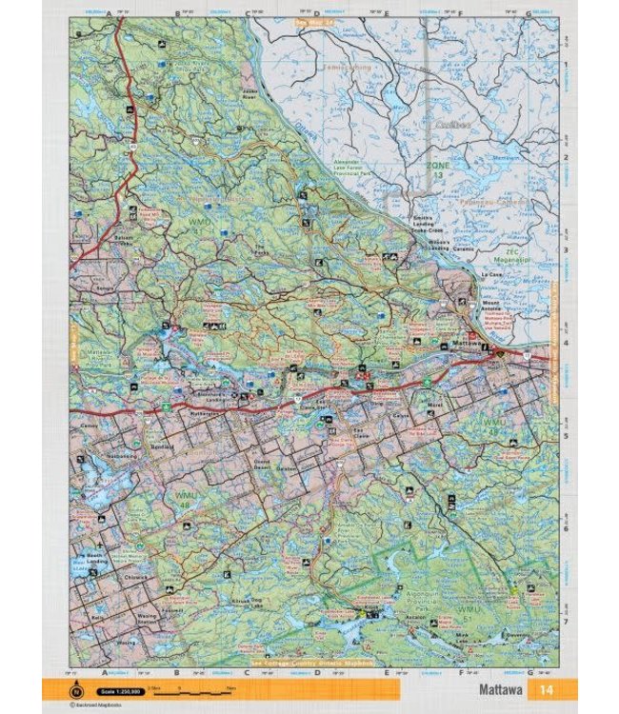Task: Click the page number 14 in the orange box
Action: tap(546, 689)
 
